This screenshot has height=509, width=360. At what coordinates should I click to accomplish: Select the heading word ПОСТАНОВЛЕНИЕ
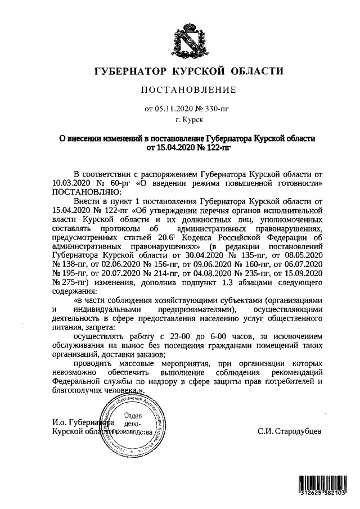pos(188,90)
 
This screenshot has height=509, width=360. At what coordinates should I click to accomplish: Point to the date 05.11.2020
pos(172,108)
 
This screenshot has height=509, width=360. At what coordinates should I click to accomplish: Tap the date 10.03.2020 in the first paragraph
pos(73,184)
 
